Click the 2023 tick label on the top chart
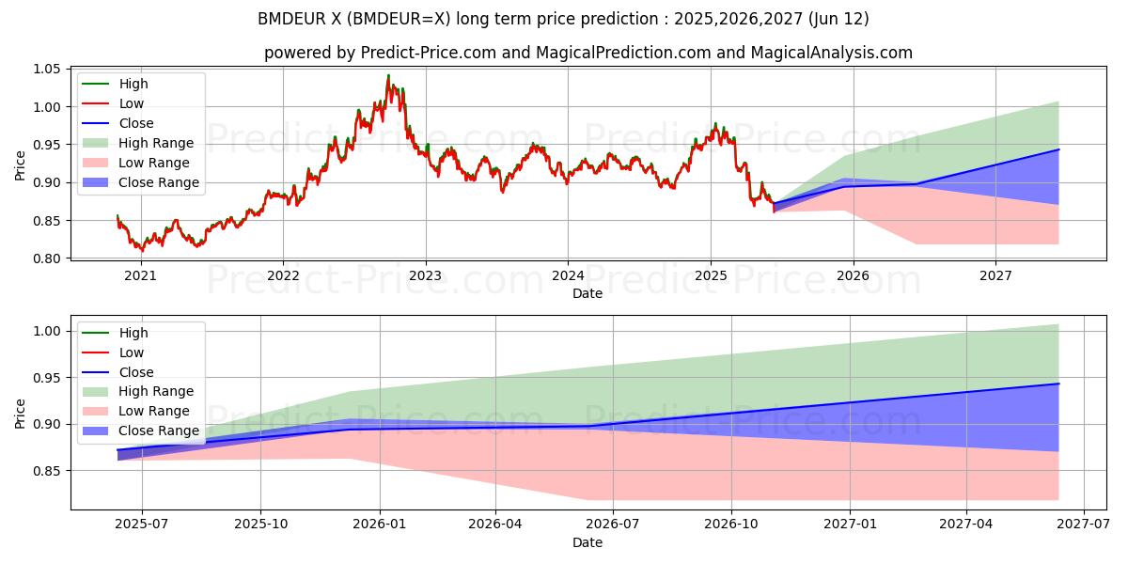click(x=425, y=275)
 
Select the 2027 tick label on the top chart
click(x=995, y=275)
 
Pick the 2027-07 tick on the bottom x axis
click(x=1084, y=525)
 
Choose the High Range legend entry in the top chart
click(x=156, y=143)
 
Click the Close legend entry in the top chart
click(x=136, y=123)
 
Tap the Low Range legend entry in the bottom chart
click(x=154, y=411)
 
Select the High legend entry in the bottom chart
click(x=133, y=333)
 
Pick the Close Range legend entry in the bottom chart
click(x=159, y=431)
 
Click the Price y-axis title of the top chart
click(x=20, y=164)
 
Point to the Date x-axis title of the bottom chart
click(x=587, y=542)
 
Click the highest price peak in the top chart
click(x=388, y=76)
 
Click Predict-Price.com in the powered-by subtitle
click(x=429, y=53)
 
